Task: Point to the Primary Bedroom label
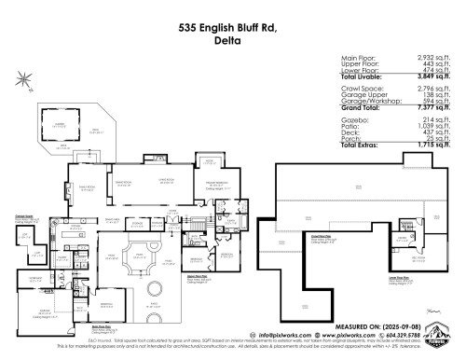click(217, 184)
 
